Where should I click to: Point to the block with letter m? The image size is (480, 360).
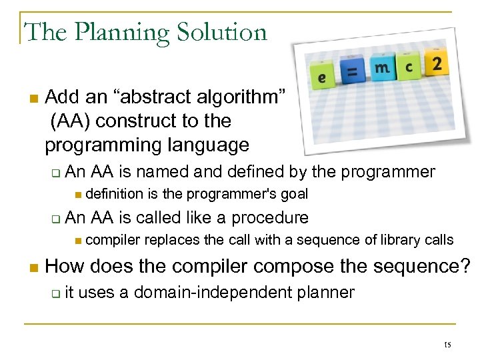[x=381, y=67]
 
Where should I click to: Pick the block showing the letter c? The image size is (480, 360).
[x=409, y=67]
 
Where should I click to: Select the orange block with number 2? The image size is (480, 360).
[x=436, y=65]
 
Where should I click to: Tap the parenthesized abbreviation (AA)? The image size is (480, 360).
[x=69, y=121]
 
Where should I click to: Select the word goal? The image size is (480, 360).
[x=294, y=194]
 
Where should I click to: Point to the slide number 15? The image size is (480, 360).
[x=447, y=344]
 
